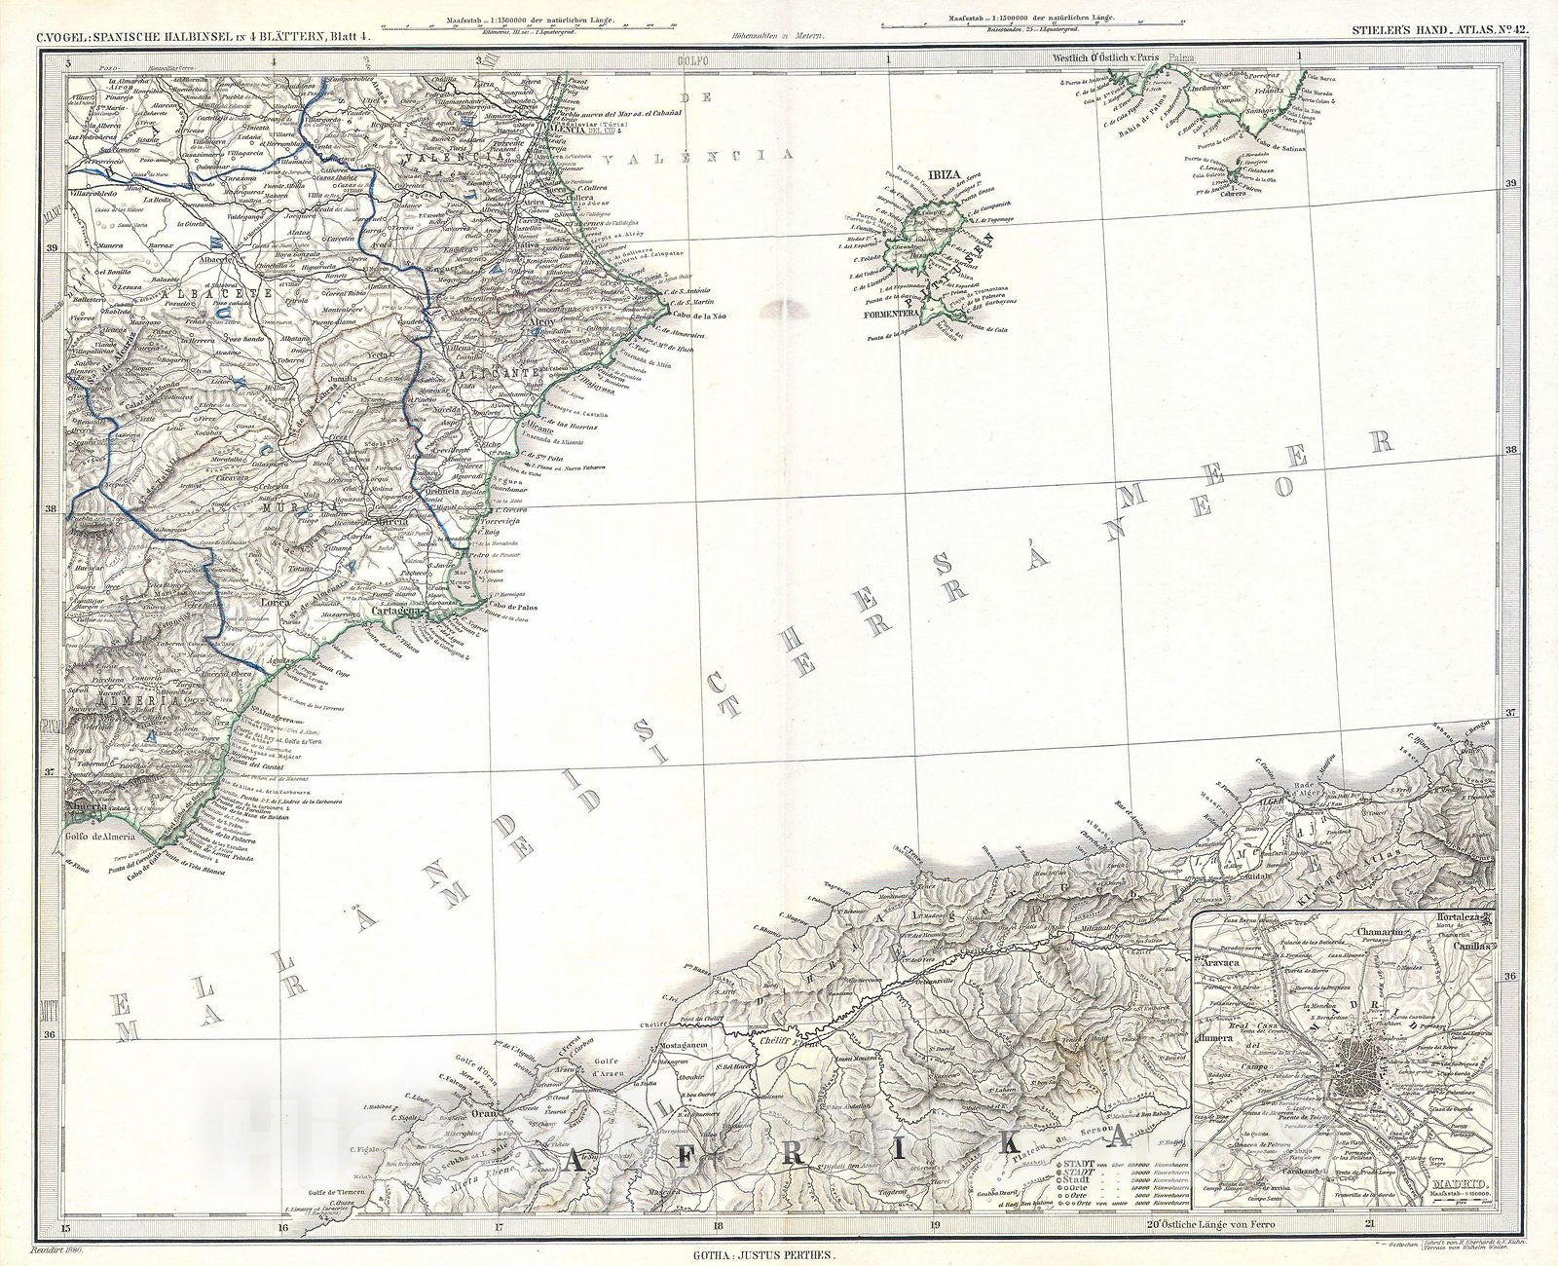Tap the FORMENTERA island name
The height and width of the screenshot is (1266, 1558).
[x=889, y=315]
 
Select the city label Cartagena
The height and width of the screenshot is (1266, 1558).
[x=396, y=613]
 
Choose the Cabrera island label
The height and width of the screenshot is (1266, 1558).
[x=1232, y=193]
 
